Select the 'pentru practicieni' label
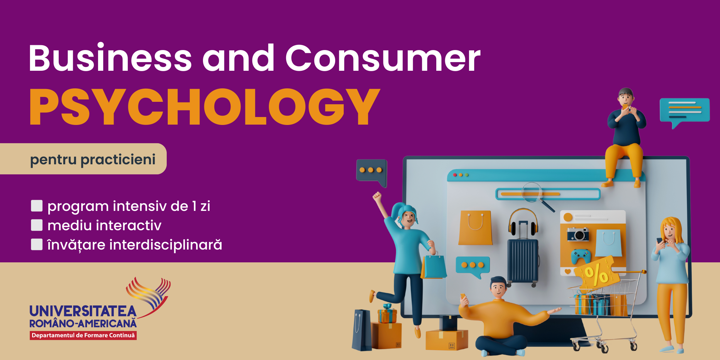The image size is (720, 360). point(93,159)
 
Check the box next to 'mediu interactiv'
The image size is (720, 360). point(37,225)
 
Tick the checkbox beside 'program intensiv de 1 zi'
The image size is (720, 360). point(37,206)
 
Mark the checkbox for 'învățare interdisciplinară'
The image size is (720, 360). point(37,244)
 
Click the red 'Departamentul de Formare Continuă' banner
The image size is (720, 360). point(83,335)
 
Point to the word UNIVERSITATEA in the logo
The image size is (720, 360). point(83,311)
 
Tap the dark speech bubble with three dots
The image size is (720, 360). point(372,172)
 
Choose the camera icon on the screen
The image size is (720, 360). point(578,234)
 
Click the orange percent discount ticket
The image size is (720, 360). point(596,274)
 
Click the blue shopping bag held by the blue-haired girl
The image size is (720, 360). point(434,265)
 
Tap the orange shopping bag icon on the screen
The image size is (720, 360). point(475,228)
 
